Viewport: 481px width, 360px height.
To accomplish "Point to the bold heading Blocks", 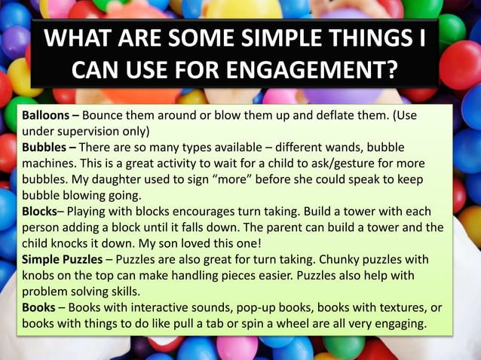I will [41, 210].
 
